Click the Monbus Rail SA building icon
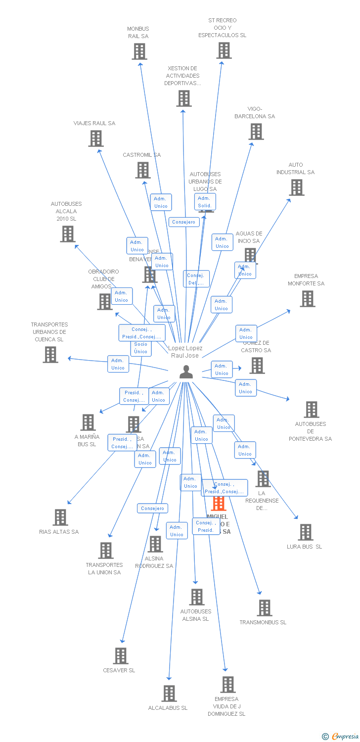139,51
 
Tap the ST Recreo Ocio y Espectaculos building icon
224,50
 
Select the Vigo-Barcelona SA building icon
256,132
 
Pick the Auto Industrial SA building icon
297,187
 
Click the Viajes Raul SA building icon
96,139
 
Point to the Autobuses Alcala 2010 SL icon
67,234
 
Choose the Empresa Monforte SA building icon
308,299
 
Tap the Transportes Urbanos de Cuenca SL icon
50,355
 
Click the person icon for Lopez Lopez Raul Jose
186,371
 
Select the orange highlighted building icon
218,504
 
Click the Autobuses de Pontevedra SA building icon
312,410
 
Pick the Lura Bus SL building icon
306,532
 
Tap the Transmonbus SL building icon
265,608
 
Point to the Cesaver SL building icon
121,656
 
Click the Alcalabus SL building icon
169,694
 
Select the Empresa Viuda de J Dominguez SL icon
227,685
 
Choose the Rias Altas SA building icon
60,517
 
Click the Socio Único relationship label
141,348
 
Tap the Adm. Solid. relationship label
204,202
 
